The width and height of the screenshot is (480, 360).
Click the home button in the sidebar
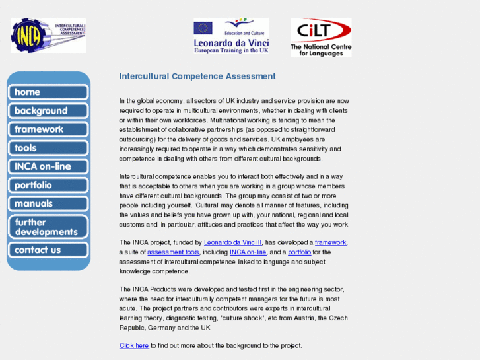pos(48,92)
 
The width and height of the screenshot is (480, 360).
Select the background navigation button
pos(48,111)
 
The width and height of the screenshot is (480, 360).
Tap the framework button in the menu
pos(48,129)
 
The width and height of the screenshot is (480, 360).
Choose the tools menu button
pos(48,148)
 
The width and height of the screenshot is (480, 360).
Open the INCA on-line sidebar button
pos(48,166)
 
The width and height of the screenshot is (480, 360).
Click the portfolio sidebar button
pos(48,186)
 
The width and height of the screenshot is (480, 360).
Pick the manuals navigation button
pos(48,204)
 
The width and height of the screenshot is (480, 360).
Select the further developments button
pos(48,227)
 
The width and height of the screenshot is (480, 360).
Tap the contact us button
pos(48,250)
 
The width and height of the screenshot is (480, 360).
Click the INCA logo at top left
pos(48,36)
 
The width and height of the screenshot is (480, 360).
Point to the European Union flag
pos(203,28)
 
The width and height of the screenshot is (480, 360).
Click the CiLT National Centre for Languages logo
pos(321,37)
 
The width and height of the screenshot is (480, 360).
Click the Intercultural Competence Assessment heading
pos(197,77)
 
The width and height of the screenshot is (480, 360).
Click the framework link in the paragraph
pos(330,243)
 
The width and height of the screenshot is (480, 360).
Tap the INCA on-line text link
pos(248,252)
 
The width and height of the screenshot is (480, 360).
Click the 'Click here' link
pos(134,346)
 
